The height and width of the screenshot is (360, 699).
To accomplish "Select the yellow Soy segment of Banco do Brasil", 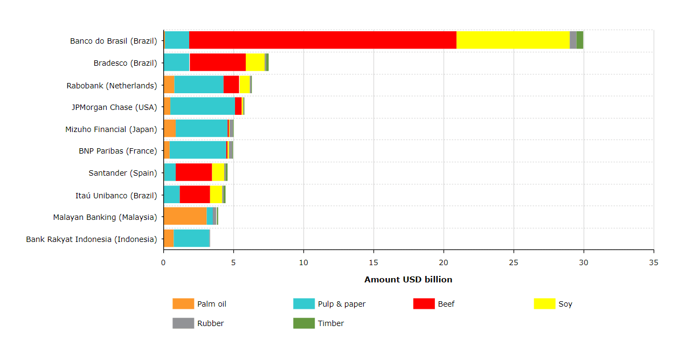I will click(513, 40).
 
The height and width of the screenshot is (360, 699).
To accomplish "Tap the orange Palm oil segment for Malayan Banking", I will click(185, 217).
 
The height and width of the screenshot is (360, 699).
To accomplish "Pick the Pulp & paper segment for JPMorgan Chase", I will click(202, 107).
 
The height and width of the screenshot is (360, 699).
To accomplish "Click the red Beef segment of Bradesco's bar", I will click(217, 63).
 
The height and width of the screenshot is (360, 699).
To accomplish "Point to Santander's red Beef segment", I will click(193, 172).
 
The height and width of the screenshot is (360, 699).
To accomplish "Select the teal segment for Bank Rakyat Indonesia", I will click(191, 239).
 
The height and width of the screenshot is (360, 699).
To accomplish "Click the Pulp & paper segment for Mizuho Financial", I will click(201, 129).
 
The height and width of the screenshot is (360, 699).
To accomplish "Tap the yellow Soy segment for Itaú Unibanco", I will click(216, 195).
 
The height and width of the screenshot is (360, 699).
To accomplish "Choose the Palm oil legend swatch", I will click(183, 304).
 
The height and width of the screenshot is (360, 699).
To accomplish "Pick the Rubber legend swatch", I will click(183, 323).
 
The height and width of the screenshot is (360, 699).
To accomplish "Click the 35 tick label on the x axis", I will click(653, 262).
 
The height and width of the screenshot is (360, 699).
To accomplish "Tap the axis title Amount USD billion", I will click(408, 279).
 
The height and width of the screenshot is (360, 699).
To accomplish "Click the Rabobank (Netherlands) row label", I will click(112, 85).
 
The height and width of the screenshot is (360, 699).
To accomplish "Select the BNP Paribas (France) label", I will click(117, 151).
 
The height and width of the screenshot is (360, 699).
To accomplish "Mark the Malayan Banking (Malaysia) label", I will click(105, 217).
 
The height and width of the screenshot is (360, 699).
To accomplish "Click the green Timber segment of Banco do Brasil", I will click(580, 40).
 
